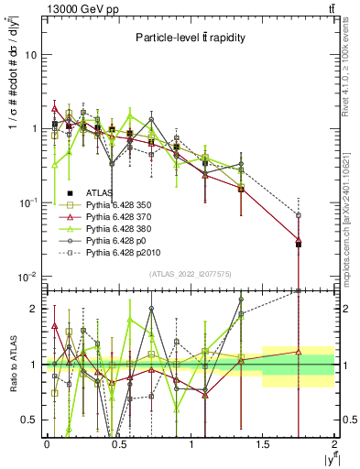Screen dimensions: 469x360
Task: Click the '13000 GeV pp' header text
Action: pos(71,7)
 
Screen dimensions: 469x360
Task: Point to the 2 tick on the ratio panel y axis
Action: pos(36,309)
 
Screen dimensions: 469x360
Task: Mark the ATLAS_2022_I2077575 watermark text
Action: pos(191,274)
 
